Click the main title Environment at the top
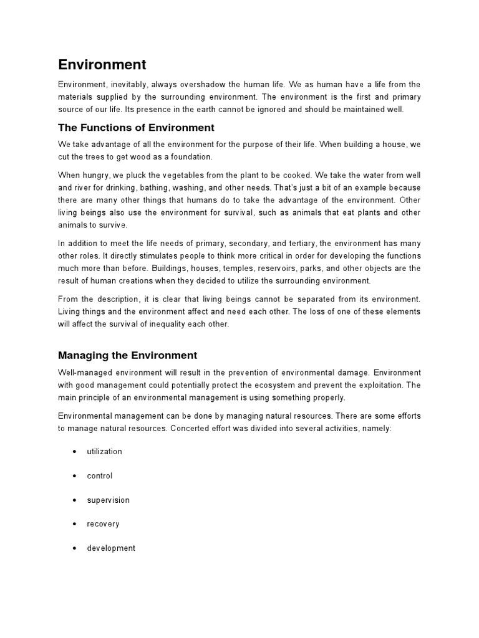pyautogui.click(x=102, y=64)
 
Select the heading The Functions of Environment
pyautogui.click(x=136, y=128)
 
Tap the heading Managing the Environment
pyautogui.click(x=127, y=355)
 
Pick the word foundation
pyautogui.click(x=193, y=156)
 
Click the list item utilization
pyautogui.click(x=104, y=451)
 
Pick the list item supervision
pyautogui.click(x=108, y=500)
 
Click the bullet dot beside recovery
pyautogui.click(x=75, y=524)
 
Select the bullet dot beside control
pyautogui.click(x=75, y=475)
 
